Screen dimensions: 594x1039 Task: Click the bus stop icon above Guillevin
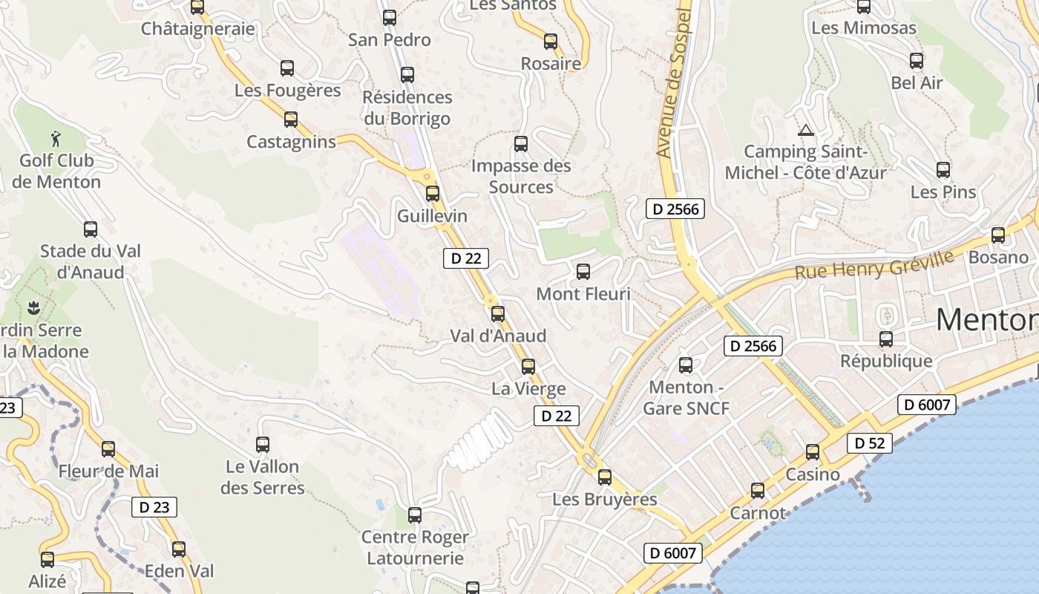[x=433, y=194]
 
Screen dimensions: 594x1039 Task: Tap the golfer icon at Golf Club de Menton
[x=56, y=138]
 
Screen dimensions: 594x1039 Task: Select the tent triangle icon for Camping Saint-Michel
[x=805, y=131]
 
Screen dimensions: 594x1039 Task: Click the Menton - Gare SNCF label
[x=686, y=397]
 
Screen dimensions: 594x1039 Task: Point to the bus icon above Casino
[x=813, y=452]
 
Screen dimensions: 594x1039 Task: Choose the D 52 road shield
[x=869, y=443]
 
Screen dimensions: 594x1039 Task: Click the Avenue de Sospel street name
[x=674, y=82]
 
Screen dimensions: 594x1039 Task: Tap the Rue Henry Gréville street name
[x=874, y=265]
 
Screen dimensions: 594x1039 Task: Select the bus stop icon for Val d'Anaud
[x=498, y=314]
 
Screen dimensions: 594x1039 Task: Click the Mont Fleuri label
[x=583, y=294]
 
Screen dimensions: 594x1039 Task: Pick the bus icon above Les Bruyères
[x=605, y=477]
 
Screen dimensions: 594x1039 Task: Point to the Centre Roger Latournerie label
[x=415, y=547]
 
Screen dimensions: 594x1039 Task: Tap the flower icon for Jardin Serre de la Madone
[x=33, y=307]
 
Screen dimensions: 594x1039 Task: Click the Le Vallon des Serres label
[x=263, y=477]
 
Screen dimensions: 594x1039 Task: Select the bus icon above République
[x=886, y=339]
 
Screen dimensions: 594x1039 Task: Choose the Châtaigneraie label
[x=197, y=29]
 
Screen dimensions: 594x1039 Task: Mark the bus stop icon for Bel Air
[x=917, y=61]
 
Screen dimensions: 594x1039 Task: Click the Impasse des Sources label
[x=521, y=176]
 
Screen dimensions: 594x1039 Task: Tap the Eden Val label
[x=179, y=570]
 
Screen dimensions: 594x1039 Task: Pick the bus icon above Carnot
[x=758, y=491]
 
